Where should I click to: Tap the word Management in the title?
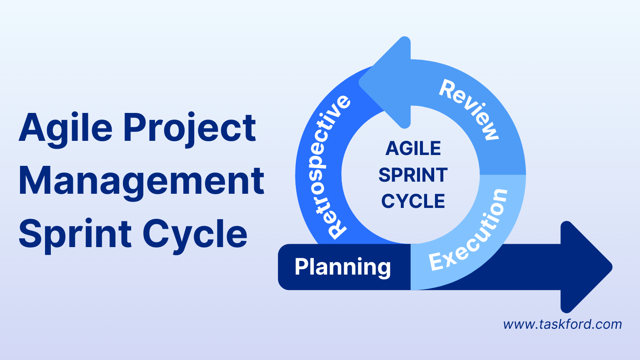coord(141,181)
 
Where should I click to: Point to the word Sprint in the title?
coord(75,234)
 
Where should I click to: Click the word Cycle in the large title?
coord(195,234)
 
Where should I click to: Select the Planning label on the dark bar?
coord(342,267)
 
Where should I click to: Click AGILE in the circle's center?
coord(413,148)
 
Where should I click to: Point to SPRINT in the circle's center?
coord(413,175)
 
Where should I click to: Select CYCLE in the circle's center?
coord(413,202)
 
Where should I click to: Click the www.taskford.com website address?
coord(562,324)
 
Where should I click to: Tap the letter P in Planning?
coord(302,267)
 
